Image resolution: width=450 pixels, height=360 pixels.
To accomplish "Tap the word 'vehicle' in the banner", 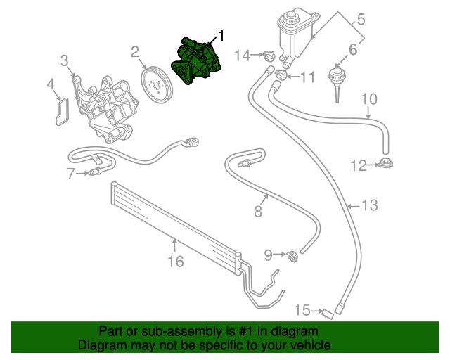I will [308, 345].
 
